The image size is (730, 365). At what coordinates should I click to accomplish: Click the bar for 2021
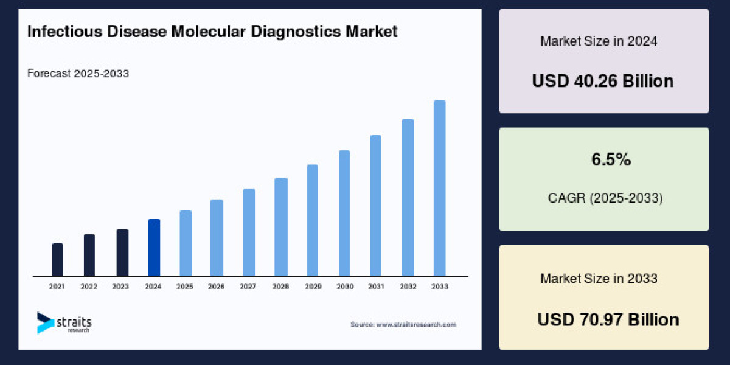[58, 260]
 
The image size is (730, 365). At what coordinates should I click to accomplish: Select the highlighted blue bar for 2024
[154, 248]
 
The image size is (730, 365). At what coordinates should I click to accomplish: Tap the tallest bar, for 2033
[439, 188]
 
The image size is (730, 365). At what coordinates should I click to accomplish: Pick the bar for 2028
[280, 227]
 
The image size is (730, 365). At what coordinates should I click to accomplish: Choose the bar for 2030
[344, 213]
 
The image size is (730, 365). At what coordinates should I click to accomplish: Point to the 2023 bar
[122, 252]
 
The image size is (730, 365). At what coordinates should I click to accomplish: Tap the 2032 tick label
[408, 286]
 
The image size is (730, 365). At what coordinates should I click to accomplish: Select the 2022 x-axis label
[89, 286]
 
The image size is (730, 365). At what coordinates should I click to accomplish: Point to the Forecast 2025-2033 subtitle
[78, 74]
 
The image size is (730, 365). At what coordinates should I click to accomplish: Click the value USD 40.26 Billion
[603, 81]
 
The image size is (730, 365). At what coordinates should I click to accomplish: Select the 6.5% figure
[611, 160]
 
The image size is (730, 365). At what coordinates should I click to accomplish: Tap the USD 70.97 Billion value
[608, 319]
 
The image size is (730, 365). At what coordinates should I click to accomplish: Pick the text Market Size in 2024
[599, 42]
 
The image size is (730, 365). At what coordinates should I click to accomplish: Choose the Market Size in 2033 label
[599, 279]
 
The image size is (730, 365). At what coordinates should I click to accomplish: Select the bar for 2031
[376, 206]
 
